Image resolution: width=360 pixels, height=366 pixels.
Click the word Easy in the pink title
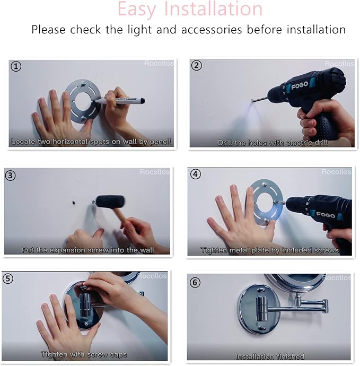[x=139, y=9]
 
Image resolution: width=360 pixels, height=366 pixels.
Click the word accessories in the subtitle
[x=211, y=30]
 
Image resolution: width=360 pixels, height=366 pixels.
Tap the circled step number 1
[x=16, y=66]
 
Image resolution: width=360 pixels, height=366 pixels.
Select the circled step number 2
[x=197, y=66]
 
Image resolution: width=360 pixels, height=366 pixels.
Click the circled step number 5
[x=8, y=278]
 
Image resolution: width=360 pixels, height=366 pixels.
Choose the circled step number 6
[x=195, y=282]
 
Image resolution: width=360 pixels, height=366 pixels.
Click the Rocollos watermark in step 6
[x=337, y=278]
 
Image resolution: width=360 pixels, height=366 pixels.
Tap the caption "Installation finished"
[x=270, y=356]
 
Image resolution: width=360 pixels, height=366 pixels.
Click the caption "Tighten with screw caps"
[x=84, y=354]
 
